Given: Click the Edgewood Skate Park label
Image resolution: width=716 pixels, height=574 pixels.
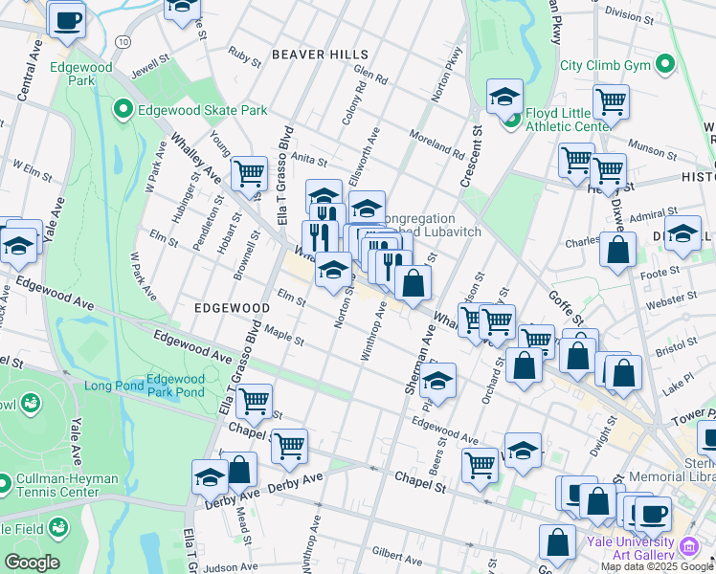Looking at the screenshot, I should point(202,110).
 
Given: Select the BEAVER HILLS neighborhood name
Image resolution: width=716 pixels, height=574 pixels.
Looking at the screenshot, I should point(320,55).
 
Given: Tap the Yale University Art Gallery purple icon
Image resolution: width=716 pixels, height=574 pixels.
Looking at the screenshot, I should point(689,547).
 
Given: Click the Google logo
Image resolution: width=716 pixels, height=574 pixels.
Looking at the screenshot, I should point(31,563).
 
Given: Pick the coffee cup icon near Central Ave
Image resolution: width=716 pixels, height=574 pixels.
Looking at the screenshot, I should point(66,20).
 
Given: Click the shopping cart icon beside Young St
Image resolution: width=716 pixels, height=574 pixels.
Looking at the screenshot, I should point(249,174).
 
